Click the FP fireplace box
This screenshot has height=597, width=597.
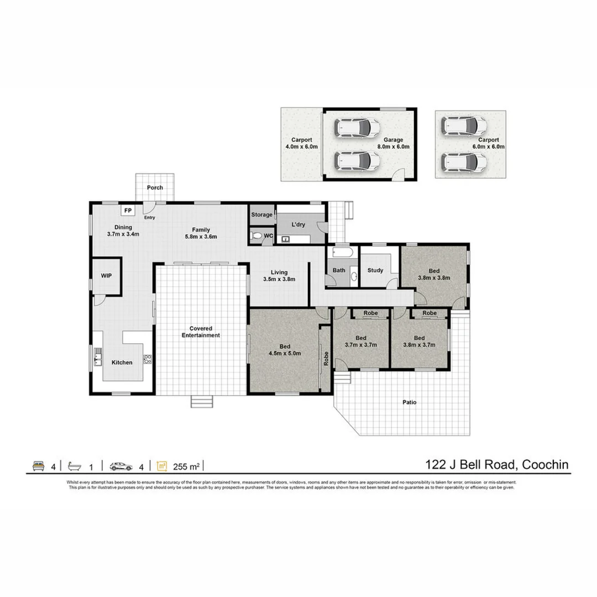click(128, 211)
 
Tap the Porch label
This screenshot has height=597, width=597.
click(155, 188)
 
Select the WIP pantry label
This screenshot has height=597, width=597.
click(106, 275)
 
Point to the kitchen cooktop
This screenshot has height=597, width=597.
click(147, 359)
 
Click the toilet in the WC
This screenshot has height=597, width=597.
click(256, 236)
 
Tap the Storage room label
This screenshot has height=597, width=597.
click(262, 214)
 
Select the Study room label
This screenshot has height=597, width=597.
click(375, 271)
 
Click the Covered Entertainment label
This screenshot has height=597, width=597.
click(201, 332)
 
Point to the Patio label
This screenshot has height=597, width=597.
click(409, 402)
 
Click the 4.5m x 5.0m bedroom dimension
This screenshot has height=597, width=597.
click(285, 353)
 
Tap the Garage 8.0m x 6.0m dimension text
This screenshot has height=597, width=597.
click(394, 147)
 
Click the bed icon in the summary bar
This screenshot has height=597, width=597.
click(39, 466)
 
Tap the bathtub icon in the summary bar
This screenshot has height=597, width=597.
click(74, 466)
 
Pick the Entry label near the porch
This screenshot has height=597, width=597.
click(150, 217)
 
